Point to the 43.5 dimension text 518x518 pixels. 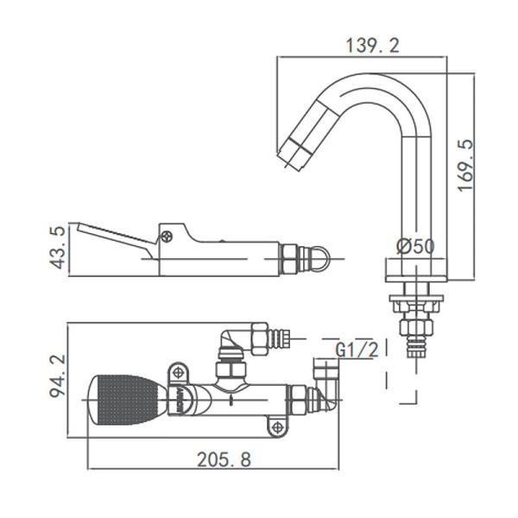[x=58, y=248]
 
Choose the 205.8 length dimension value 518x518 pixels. [x=213, y=459]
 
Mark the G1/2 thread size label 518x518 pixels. [x=355, y=350]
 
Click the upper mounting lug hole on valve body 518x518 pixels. [x=178, y=371]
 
